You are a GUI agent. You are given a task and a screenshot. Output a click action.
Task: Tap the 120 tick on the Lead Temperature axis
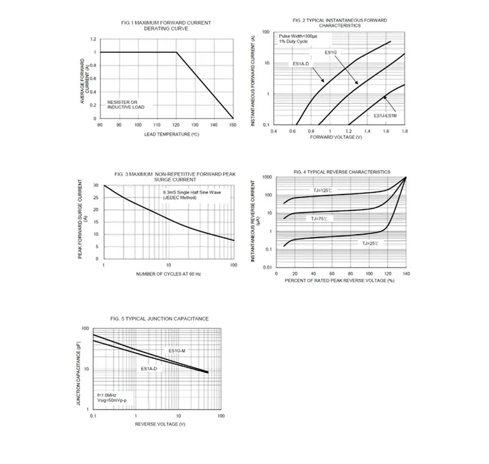click(x=176, y=125)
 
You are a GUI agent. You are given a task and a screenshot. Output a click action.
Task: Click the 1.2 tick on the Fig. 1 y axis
click(x=94, y=39)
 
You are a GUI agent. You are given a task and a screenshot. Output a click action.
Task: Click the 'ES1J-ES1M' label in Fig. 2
click(x=385, y=116)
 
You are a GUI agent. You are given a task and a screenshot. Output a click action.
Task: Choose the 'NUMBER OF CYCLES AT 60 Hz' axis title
click(x=169, y=274)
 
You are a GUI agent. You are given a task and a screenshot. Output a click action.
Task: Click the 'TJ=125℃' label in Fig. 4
click(x=321, y=191)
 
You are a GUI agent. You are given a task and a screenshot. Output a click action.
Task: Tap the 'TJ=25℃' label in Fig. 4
click(x=370, y=243)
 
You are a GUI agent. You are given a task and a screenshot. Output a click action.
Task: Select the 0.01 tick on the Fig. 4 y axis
click(x=267, y=268)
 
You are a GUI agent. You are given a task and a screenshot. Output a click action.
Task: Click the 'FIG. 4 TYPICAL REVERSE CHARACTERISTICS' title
click(x=342, y=172)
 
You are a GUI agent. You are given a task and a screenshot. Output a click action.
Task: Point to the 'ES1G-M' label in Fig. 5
click(x=177, y=350)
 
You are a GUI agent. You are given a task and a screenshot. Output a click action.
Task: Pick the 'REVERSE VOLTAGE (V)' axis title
click(x=160, y=424)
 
